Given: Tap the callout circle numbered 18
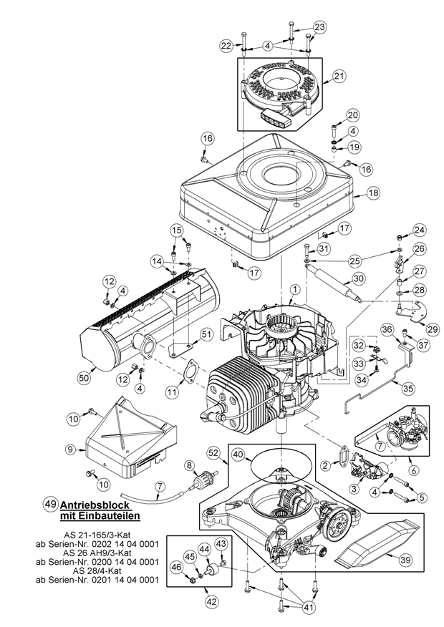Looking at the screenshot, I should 373,193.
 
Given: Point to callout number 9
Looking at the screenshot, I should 71,449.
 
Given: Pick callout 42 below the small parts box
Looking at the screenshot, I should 211,602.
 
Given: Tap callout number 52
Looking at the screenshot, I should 213,454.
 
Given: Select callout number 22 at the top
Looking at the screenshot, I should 226,46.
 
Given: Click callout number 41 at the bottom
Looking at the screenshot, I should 309,608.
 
